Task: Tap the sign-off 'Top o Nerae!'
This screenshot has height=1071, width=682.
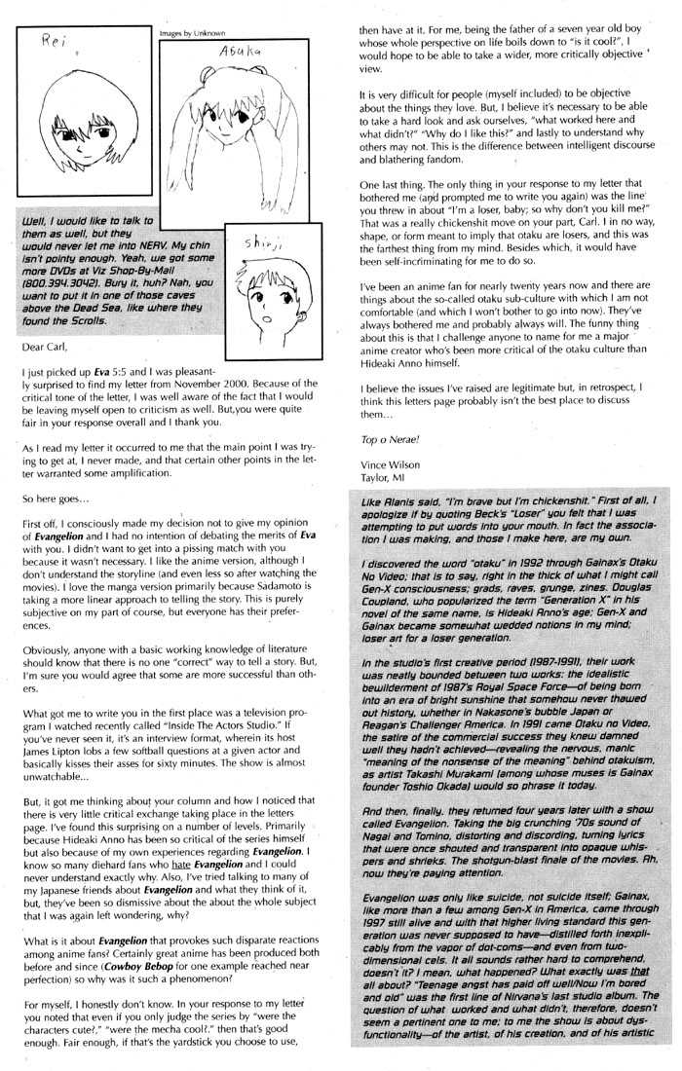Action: [382, 441]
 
